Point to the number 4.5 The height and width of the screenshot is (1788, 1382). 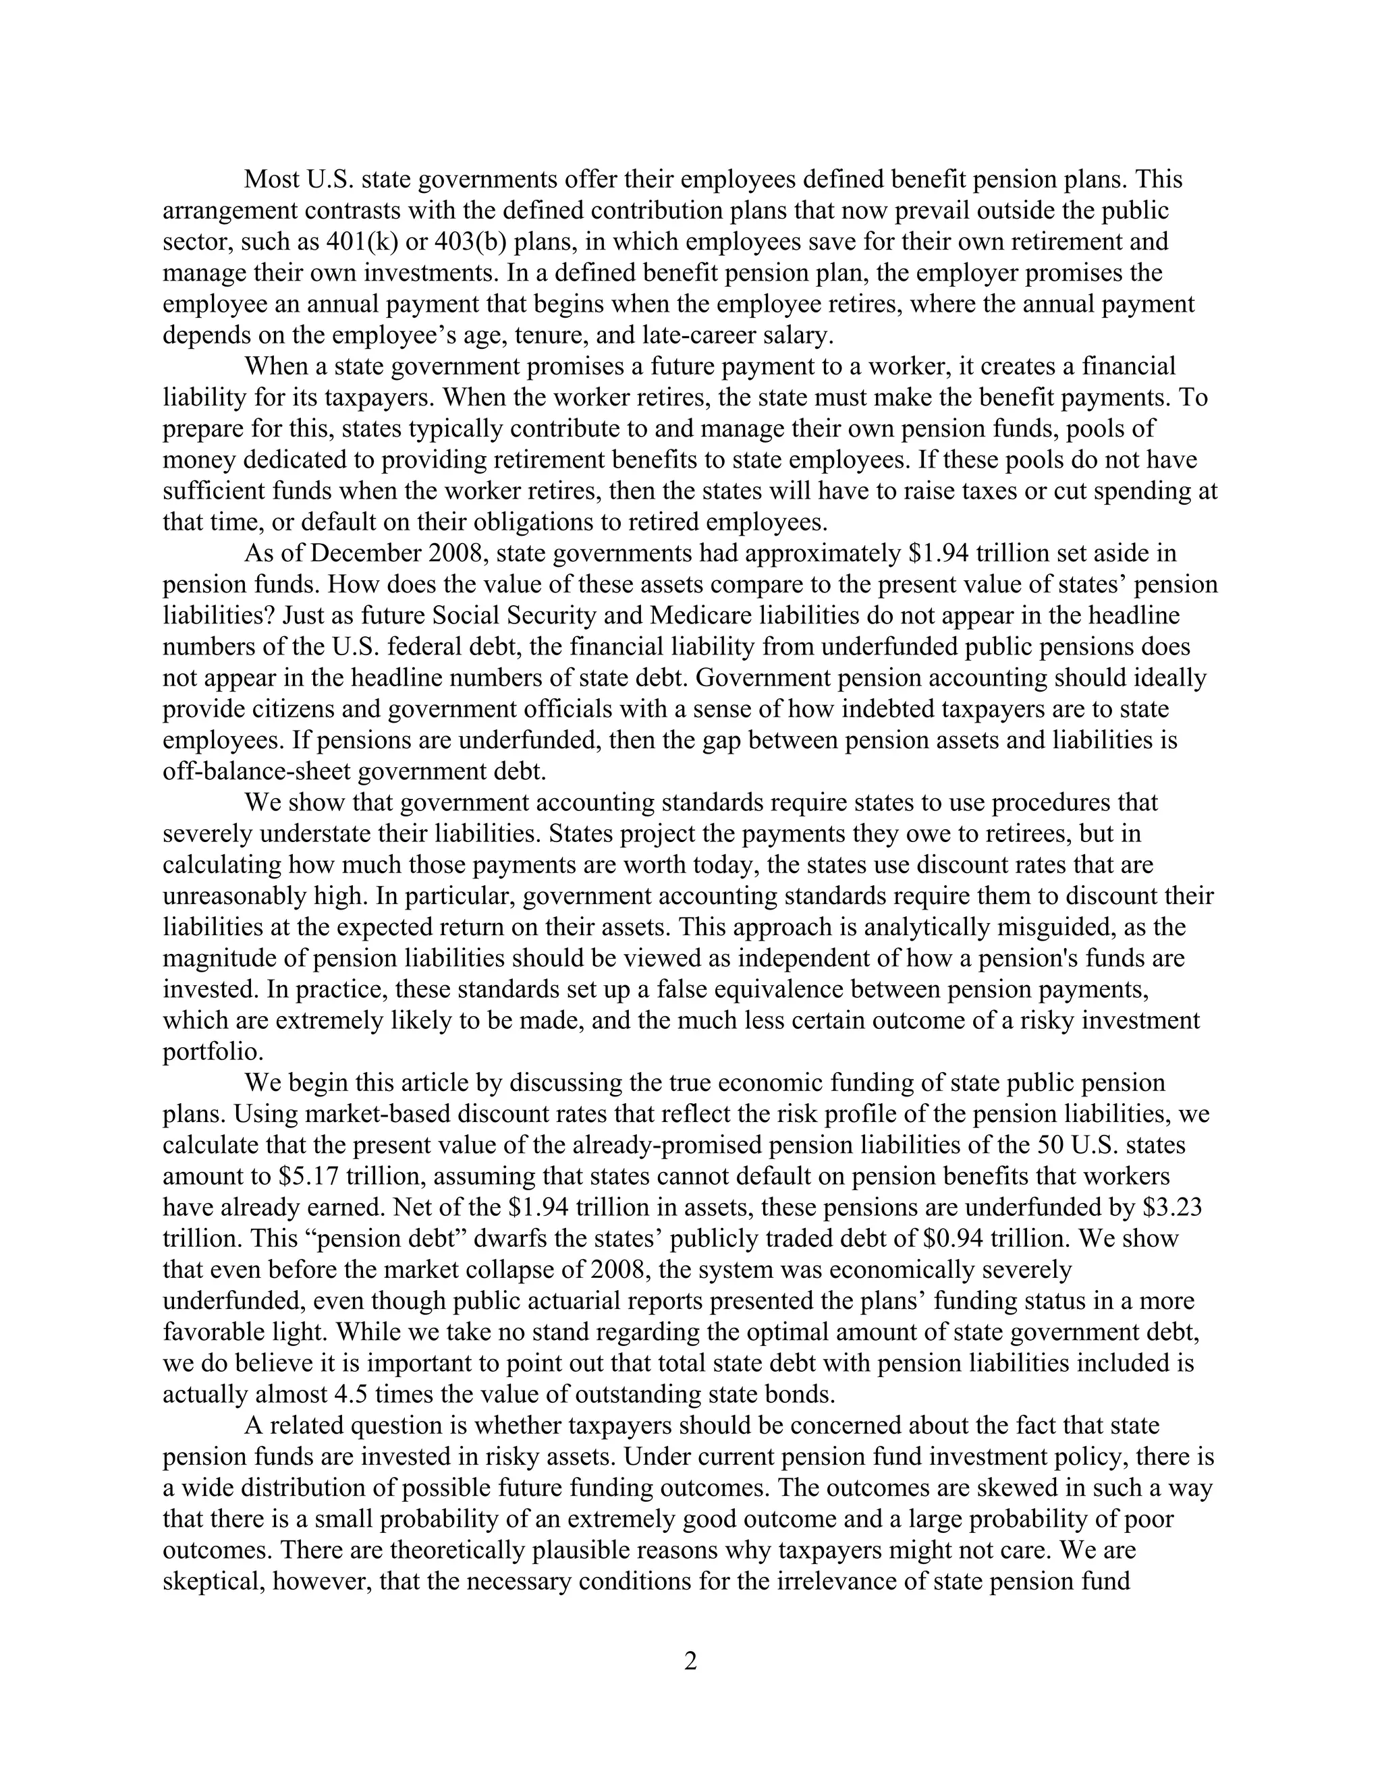click(352, 1394)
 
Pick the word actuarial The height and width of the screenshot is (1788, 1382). click(599, 1301)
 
